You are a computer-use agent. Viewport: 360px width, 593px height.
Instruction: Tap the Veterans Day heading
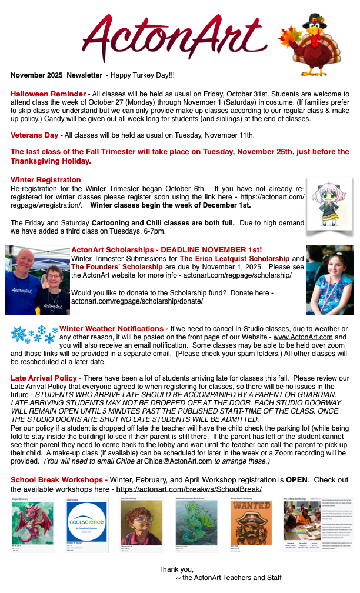[34, 135]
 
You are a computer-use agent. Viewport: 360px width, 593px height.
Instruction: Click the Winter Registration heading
[46, 179]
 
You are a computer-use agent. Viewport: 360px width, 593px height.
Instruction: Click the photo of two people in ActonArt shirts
[37, 281]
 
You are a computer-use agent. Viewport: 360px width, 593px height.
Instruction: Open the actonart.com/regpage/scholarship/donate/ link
[137, 301]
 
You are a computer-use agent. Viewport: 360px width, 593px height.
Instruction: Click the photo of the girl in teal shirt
[329, 281]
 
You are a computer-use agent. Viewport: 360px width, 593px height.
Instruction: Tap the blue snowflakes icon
[34, 334]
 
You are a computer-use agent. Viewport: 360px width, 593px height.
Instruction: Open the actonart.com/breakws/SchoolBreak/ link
[189, 489]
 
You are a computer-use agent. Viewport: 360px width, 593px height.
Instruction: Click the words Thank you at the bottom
[176, 569]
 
